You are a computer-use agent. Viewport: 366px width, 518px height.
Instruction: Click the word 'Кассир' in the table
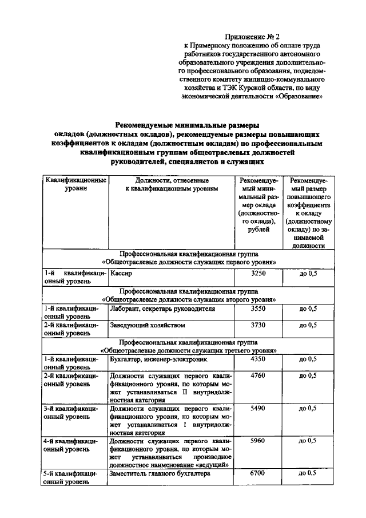tap(121, 274)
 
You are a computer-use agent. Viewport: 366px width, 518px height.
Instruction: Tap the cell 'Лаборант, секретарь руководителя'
tap(162, 309)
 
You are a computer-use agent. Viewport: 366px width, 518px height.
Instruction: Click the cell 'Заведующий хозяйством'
tap(148, 325)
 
